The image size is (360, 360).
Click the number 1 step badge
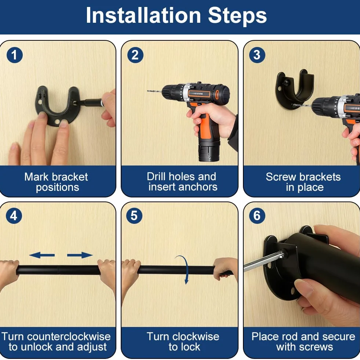coord(15,55)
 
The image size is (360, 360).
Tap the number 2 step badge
coord(135,55)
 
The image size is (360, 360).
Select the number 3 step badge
coord(257,55)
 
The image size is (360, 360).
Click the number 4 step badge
coord(14,216)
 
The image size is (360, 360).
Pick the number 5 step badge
coord(134,216)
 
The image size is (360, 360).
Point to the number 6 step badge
coord(257,216)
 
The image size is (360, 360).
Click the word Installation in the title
coord(143,15)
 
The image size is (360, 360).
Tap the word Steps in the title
coord(237,16)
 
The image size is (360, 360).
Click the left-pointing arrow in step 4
coord(42,255)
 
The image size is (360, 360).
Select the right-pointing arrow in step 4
coord(80,255)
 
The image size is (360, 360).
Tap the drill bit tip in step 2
coord(148,91)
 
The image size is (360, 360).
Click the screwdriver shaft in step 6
coord(262,261)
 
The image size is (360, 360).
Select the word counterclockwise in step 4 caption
coord(69,337)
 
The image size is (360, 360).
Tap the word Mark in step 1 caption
coord(36,177)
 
